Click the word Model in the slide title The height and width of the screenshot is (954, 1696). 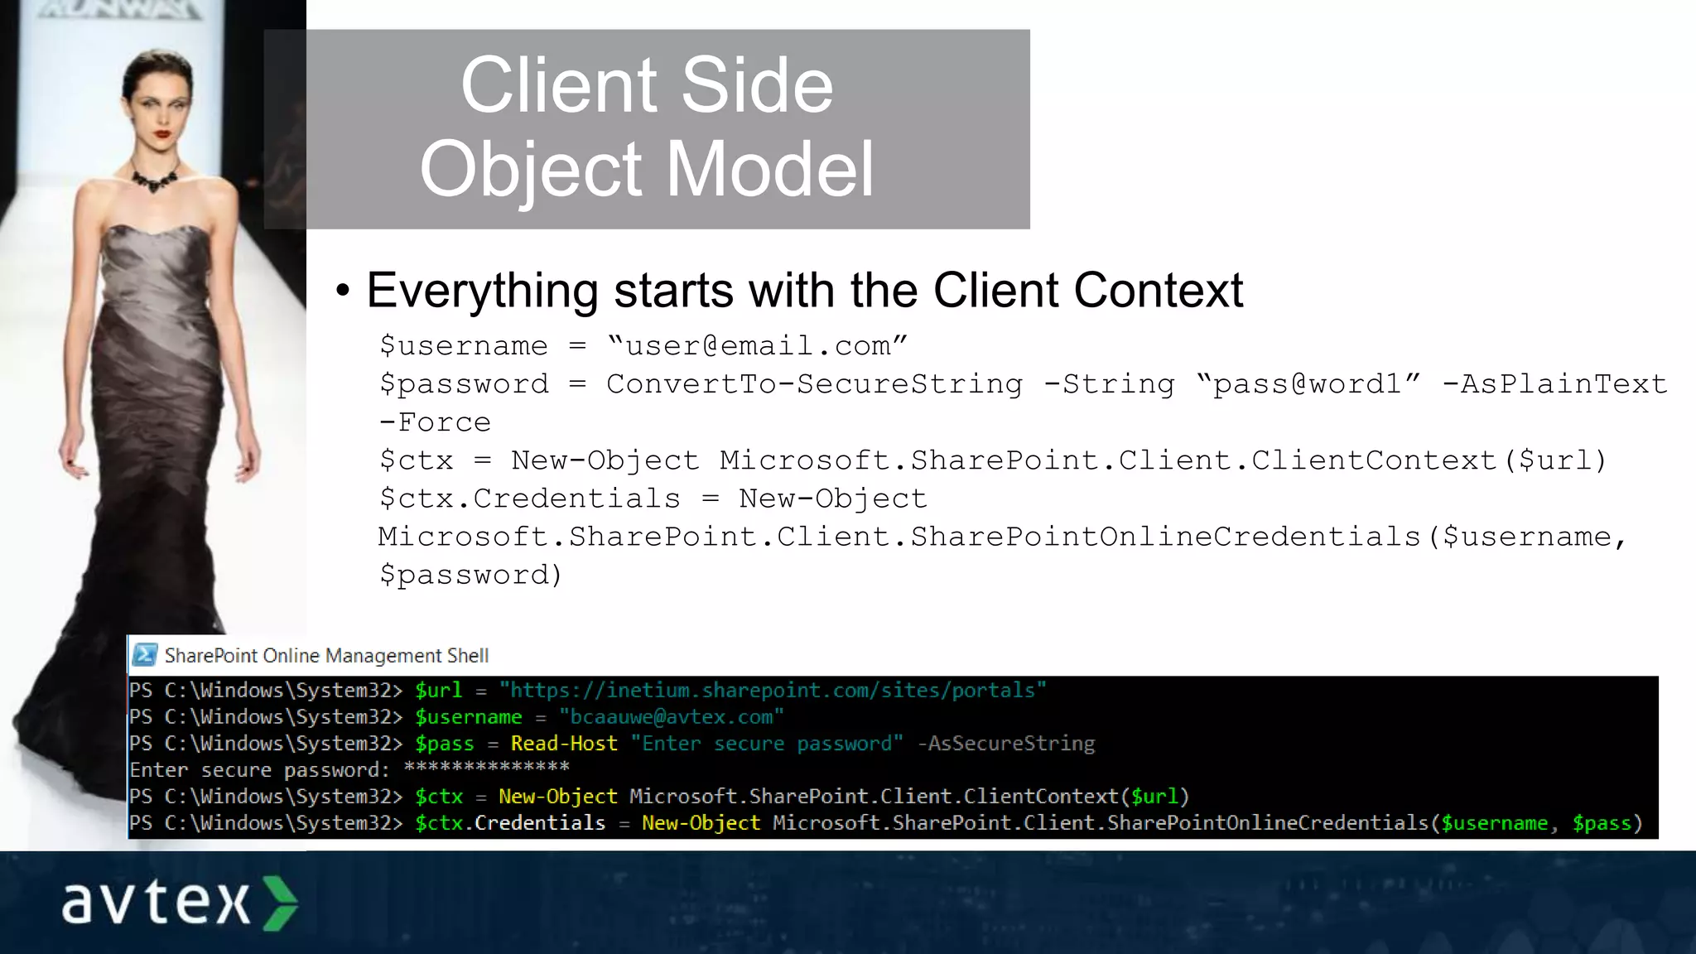pos(769,169)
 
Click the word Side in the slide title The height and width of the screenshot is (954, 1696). pos(757,86)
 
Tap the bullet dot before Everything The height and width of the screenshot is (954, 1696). pos(343,291)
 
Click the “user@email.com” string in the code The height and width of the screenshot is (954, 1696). pos(757,345)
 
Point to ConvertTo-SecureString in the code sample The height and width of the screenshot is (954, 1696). pos(814,384)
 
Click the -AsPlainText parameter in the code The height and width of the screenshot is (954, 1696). pos(1554,384)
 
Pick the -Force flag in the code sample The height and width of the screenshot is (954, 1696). pos(435,422)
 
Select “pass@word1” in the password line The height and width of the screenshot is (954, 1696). pos(1308,384)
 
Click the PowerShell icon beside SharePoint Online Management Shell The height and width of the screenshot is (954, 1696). pos(145,655)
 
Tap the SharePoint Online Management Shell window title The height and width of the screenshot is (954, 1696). pos(326,656)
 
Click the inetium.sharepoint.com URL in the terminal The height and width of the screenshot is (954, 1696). pos(772,691)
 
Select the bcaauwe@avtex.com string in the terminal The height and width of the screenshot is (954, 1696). pos(671,717)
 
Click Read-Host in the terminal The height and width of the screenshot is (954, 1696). pos(564,744)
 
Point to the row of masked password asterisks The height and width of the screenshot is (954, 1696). pos(486,768)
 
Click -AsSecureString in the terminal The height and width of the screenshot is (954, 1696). pos(1005,744)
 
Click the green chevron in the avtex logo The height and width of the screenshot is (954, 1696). pos(280,903)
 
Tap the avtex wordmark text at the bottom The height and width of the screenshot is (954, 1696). pos(156,903)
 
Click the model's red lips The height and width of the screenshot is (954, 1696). pos(162,133)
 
